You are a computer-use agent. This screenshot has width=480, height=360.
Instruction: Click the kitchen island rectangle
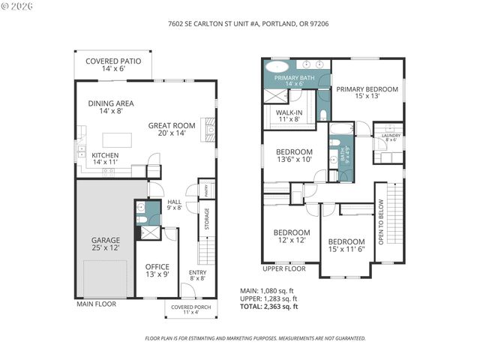click(x=115, y=140)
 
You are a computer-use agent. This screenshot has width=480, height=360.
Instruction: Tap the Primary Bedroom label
click(x=367, y=92)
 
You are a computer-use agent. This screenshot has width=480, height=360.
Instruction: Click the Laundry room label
click(x=391, y=137)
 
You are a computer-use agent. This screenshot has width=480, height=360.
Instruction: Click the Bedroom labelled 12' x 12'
click(x=291, y=236)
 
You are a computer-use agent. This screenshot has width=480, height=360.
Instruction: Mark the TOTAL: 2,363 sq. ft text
click(x=268, y=307)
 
